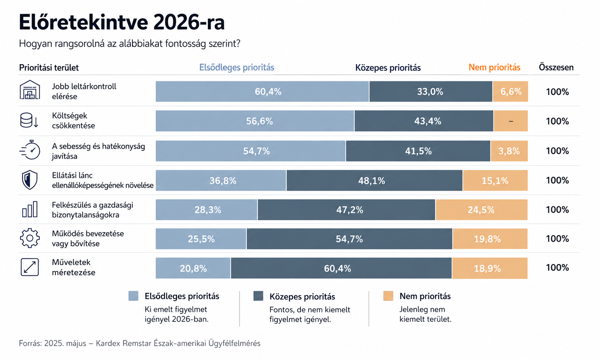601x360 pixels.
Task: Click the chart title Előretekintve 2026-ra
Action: [x=122, y=22]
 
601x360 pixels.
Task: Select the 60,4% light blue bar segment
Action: [x=262, y=92]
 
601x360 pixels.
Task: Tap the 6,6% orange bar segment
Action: [x=510, y=92]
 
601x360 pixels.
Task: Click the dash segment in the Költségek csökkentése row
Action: [x=511, y=121]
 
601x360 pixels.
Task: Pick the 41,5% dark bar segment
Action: [x=418, y=151]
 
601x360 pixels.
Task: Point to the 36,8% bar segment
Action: [x=221, y=181]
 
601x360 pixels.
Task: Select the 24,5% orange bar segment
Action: [x=482, y=209]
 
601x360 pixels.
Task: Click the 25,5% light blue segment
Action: [x=201, y=239]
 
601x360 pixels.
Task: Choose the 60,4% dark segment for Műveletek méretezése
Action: [x=341, y=268]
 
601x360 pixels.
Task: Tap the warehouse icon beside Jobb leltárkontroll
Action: [x=30, y=90]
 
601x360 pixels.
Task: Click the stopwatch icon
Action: [x=30, y=149]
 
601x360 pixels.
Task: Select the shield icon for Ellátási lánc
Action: [x=30, y=180]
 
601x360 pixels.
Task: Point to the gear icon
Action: [x=30, y=238]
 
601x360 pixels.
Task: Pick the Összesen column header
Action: [x=556, y=67]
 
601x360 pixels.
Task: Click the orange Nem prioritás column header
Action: [x=495, y=67]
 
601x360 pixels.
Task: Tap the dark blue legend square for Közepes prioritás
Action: [x=258, y=296]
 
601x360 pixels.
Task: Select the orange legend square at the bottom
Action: [x=388, y=296]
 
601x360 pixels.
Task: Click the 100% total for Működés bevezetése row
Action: [x=557, y=238]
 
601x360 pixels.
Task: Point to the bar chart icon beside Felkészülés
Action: [x=30, y=209]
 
